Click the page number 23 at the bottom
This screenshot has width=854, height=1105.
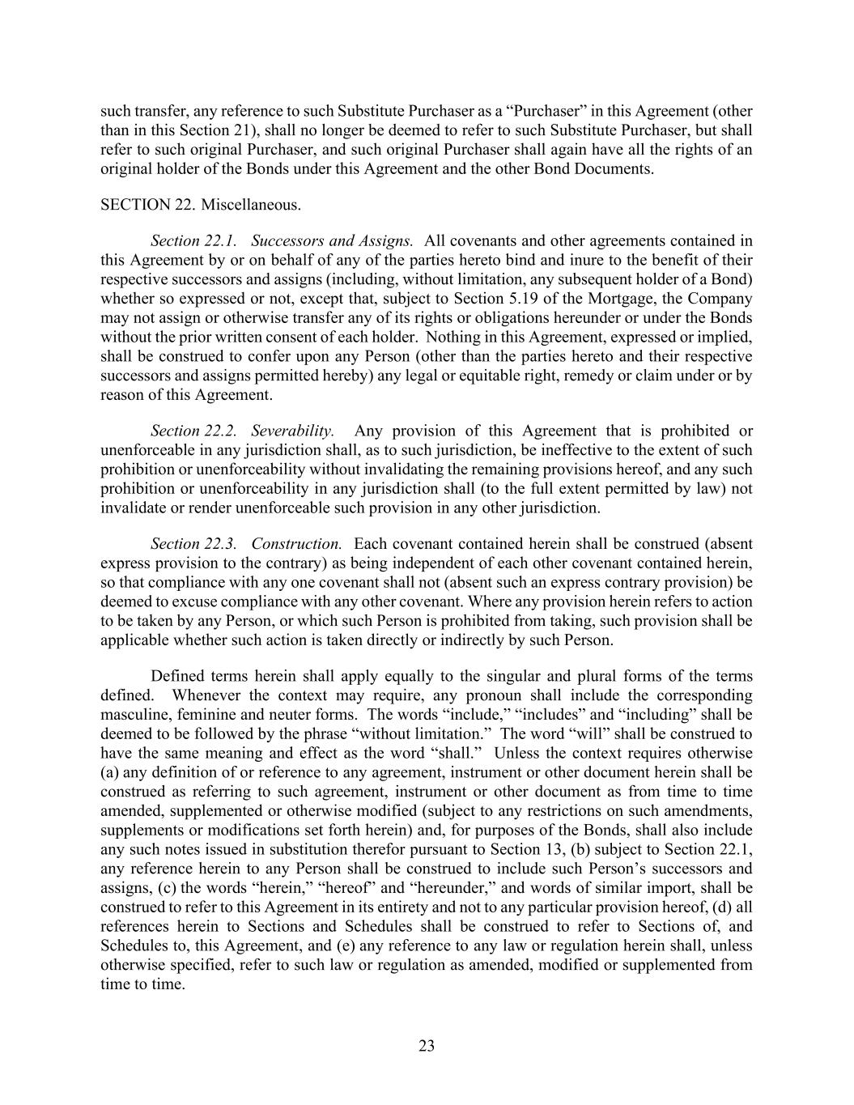[x=427, y=1046]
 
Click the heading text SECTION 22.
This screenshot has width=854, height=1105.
[x=147, y=205]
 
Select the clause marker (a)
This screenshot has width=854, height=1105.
[x=110, y=772]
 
